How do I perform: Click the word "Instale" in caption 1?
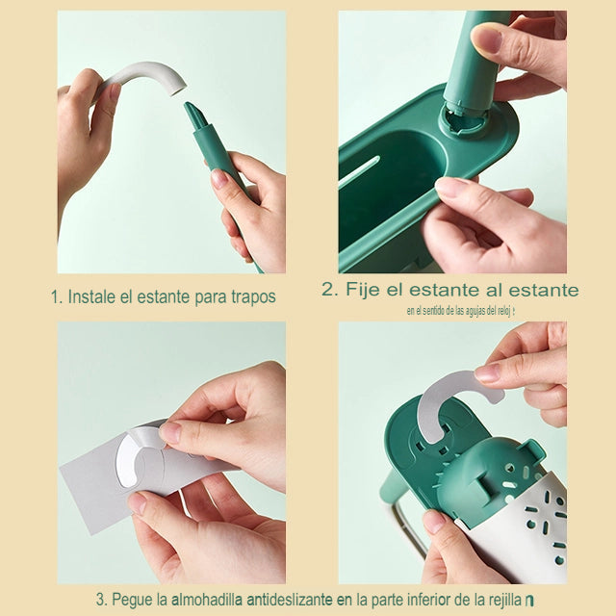[91, 296]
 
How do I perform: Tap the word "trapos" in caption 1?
[247, 297]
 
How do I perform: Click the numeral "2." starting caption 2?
[330, 290]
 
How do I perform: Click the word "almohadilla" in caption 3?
[207, 600]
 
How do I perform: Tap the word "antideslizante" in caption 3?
[290, 600]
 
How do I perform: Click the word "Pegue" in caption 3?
[133, 600]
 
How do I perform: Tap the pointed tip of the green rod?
[192, 110]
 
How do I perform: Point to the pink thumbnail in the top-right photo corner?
[487, 38]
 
